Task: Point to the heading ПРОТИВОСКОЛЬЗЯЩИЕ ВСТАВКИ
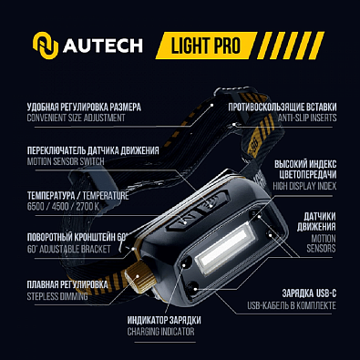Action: pyautogui.click(x=281, y=106)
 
